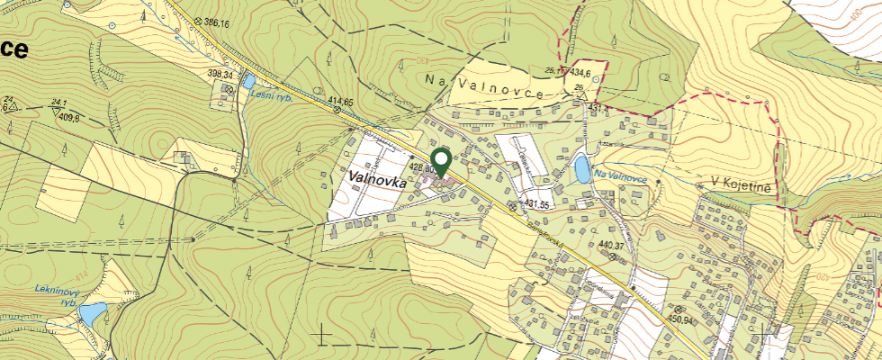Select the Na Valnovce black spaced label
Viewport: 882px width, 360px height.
[484, 84]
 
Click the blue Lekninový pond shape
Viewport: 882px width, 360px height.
[91, 313]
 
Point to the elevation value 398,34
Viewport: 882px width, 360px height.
[220, 75]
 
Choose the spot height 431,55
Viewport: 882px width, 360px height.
[537, 205]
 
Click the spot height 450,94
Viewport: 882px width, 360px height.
[680, 319]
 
